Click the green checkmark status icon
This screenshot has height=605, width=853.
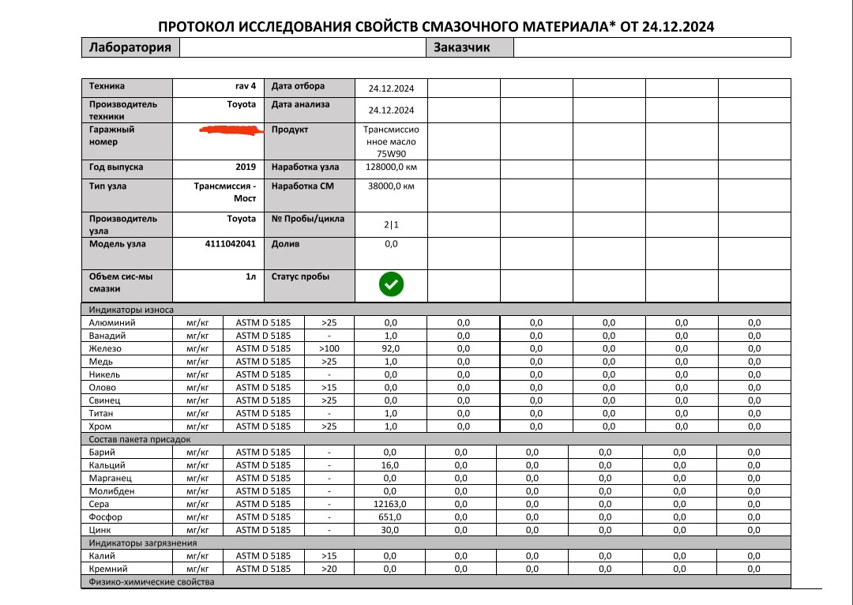coord(391,284)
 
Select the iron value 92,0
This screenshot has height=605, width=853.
coord(390,348)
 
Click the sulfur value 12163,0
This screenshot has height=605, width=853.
coord(390,504)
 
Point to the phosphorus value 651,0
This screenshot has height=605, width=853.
coord(390,517)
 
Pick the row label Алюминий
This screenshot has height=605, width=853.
coord(113,322)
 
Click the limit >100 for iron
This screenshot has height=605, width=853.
coord(329,348)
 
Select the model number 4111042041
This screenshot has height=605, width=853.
coord(230,244)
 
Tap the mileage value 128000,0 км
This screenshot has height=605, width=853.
coord(390,167)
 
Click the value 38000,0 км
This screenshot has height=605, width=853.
coord(390,186)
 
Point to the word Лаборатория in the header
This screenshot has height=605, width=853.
coord(130,47)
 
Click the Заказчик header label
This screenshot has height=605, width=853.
coord(461,47)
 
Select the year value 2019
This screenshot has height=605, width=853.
coord(246,167)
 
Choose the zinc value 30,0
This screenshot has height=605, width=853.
coord(390,529)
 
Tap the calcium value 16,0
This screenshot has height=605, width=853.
coord(390,465)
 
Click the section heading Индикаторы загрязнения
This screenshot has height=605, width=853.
coord(143,543)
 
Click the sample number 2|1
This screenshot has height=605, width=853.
coord(391,225)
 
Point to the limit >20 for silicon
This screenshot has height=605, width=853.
coord(329,569)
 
